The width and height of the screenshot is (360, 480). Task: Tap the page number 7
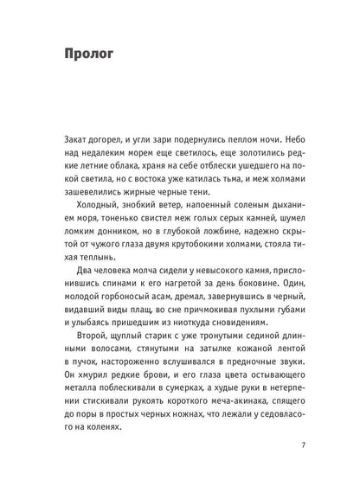(x=302, y=445)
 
